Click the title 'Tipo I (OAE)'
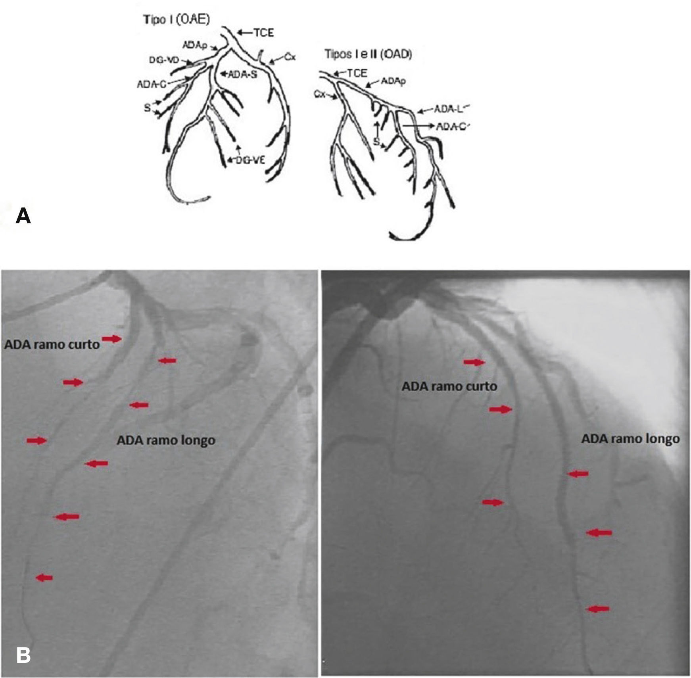coord(176,20)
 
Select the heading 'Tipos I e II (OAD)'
coord(368,54)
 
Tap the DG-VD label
coord(164,60)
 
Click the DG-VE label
coord(250,160)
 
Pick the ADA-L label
coord(448,108)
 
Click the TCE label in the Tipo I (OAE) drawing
coord(264,33)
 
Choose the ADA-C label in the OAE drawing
coord(151,84)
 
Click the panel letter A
coord(23,217)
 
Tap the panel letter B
coord(23,655)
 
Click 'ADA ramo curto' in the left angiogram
coord(52,344)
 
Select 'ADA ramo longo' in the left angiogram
coord(166,440)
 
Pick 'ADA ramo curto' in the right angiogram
coord(449,386)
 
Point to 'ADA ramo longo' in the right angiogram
coord(630,439)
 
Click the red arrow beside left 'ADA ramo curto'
coord(112,338)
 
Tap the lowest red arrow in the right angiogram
coord(598,609)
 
